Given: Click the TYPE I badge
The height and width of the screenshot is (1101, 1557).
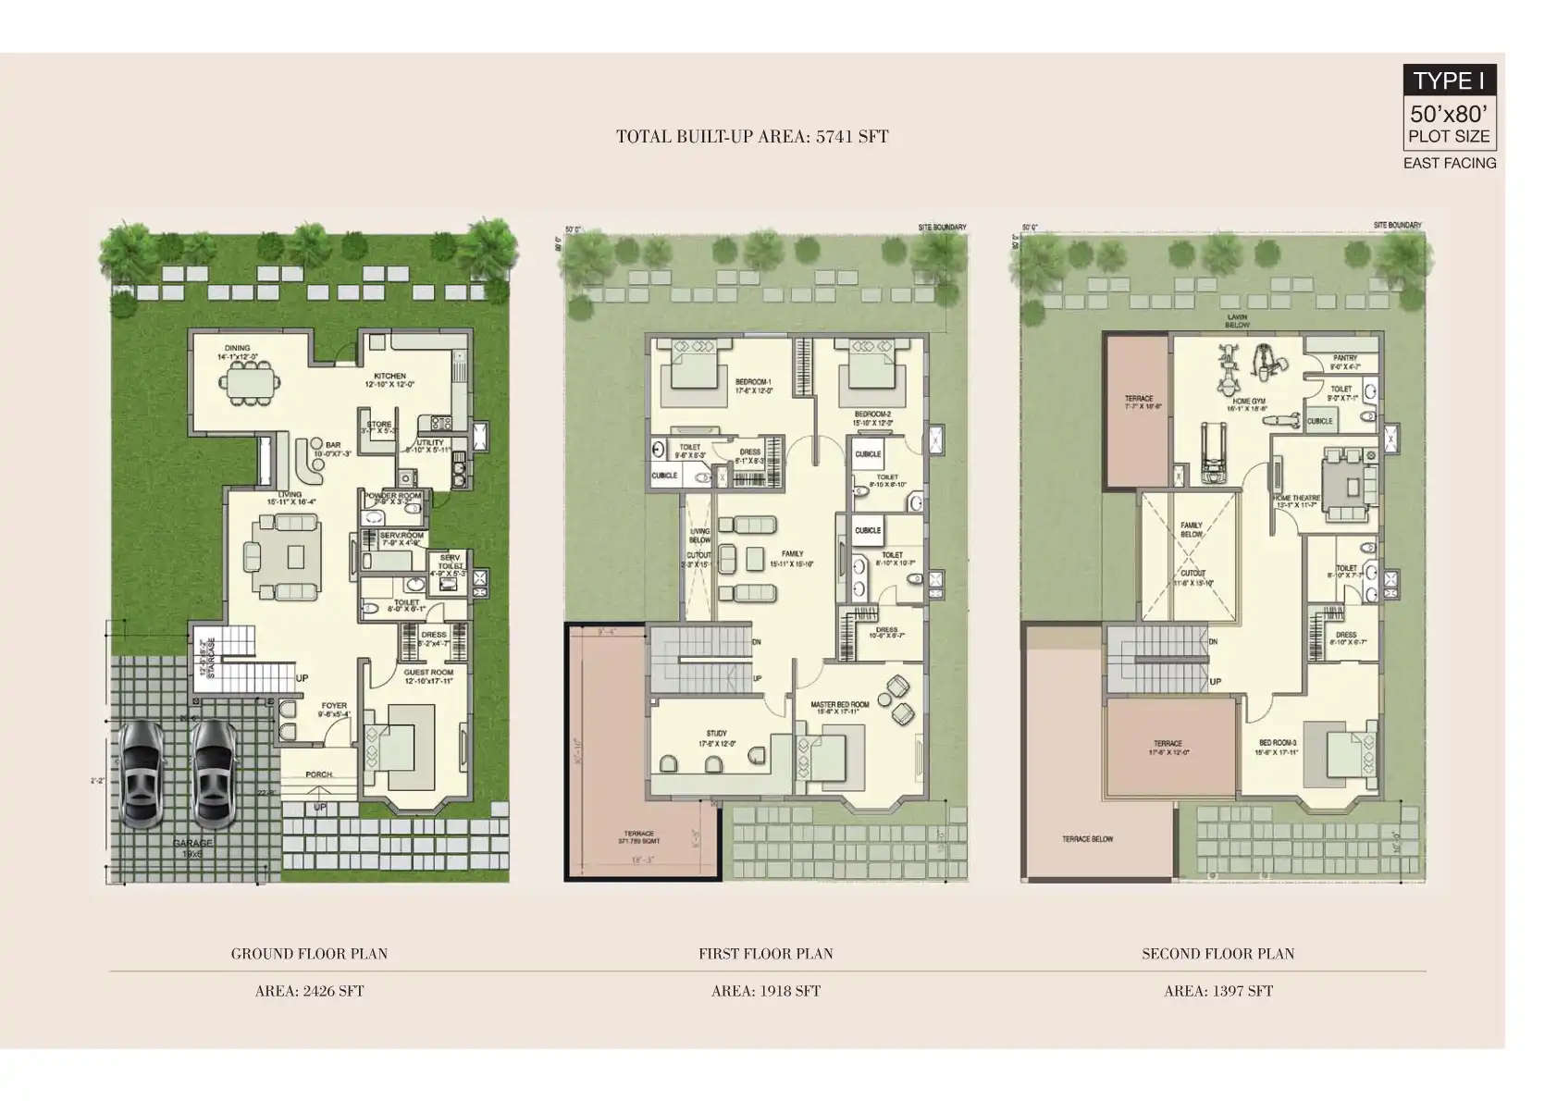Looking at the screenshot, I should pyautogui.click(x=1449, y=80).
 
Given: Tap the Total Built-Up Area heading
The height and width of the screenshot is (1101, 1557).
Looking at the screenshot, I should pyautogui.click(x=752, y=137).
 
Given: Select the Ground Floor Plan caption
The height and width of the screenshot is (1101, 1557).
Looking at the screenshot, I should pyautogui.click(x=309, y=953).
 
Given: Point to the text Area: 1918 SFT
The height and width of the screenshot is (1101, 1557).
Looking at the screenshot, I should pyautogui.click(x=765, y=991).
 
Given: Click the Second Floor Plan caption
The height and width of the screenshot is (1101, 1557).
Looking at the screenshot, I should pyautogui.click(x=1217, y=953).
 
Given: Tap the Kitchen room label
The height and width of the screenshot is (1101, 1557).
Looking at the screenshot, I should pyautogui.click(x=389, y=377).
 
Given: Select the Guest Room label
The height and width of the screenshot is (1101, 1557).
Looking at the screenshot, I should pyautogui.click(x=428, y=673).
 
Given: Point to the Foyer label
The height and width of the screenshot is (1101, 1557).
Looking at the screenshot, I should pyautogui.click(x=334, y=706).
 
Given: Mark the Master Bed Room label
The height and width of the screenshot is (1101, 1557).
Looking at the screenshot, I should pyautogui.click(x=840, y=706).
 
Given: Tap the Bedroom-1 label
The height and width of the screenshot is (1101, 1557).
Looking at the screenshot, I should pyautogui.click(x=753, y=382).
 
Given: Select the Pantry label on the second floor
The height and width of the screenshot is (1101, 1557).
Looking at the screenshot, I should pyautogui.click(x=1345, y=358).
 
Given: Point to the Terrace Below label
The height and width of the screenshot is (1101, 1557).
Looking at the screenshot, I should pyautogui.click(x=1088, y=839).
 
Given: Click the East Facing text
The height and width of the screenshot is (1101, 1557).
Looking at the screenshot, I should pyautogui.click(x=1449, y=163).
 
